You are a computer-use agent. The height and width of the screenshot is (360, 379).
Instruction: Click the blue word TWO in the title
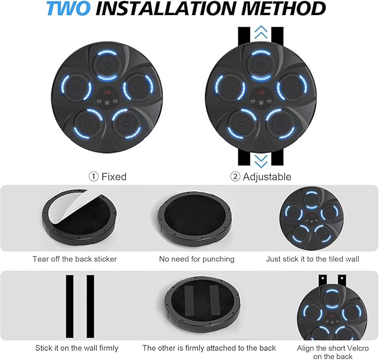68,8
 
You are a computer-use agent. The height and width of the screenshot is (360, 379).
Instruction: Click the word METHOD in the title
284,8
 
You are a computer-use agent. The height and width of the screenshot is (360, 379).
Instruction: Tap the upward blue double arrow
261,32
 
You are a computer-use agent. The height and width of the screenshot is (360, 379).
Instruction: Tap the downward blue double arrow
261,161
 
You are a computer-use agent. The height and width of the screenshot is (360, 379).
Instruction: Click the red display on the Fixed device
107,92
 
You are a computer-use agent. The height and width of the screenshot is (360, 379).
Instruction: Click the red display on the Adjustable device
261,92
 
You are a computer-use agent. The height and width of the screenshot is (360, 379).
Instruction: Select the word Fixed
114,177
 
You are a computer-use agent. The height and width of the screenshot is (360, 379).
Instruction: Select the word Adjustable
267,177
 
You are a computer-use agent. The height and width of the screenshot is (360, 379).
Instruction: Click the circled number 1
94,177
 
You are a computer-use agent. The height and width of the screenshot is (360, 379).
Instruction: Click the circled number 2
235,177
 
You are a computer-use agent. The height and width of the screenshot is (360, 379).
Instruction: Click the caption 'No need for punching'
196,259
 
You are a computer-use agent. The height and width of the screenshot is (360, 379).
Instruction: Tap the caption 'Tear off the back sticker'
75,259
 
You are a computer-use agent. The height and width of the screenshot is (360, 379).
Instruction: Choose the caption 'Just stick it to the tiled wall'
313,259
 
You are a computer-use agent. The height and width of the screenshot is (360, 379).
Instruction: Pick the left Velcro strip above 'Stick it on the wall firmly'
70,306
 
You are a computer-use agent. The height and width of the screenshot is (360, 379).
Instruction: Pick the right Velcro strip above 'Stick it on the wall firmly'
90,306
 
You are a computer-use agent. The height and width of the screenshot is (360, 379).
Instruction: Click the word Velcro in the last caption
356,348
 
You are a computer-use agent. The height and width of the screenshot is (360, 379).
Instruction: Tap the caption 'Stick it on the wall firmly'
76,348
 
